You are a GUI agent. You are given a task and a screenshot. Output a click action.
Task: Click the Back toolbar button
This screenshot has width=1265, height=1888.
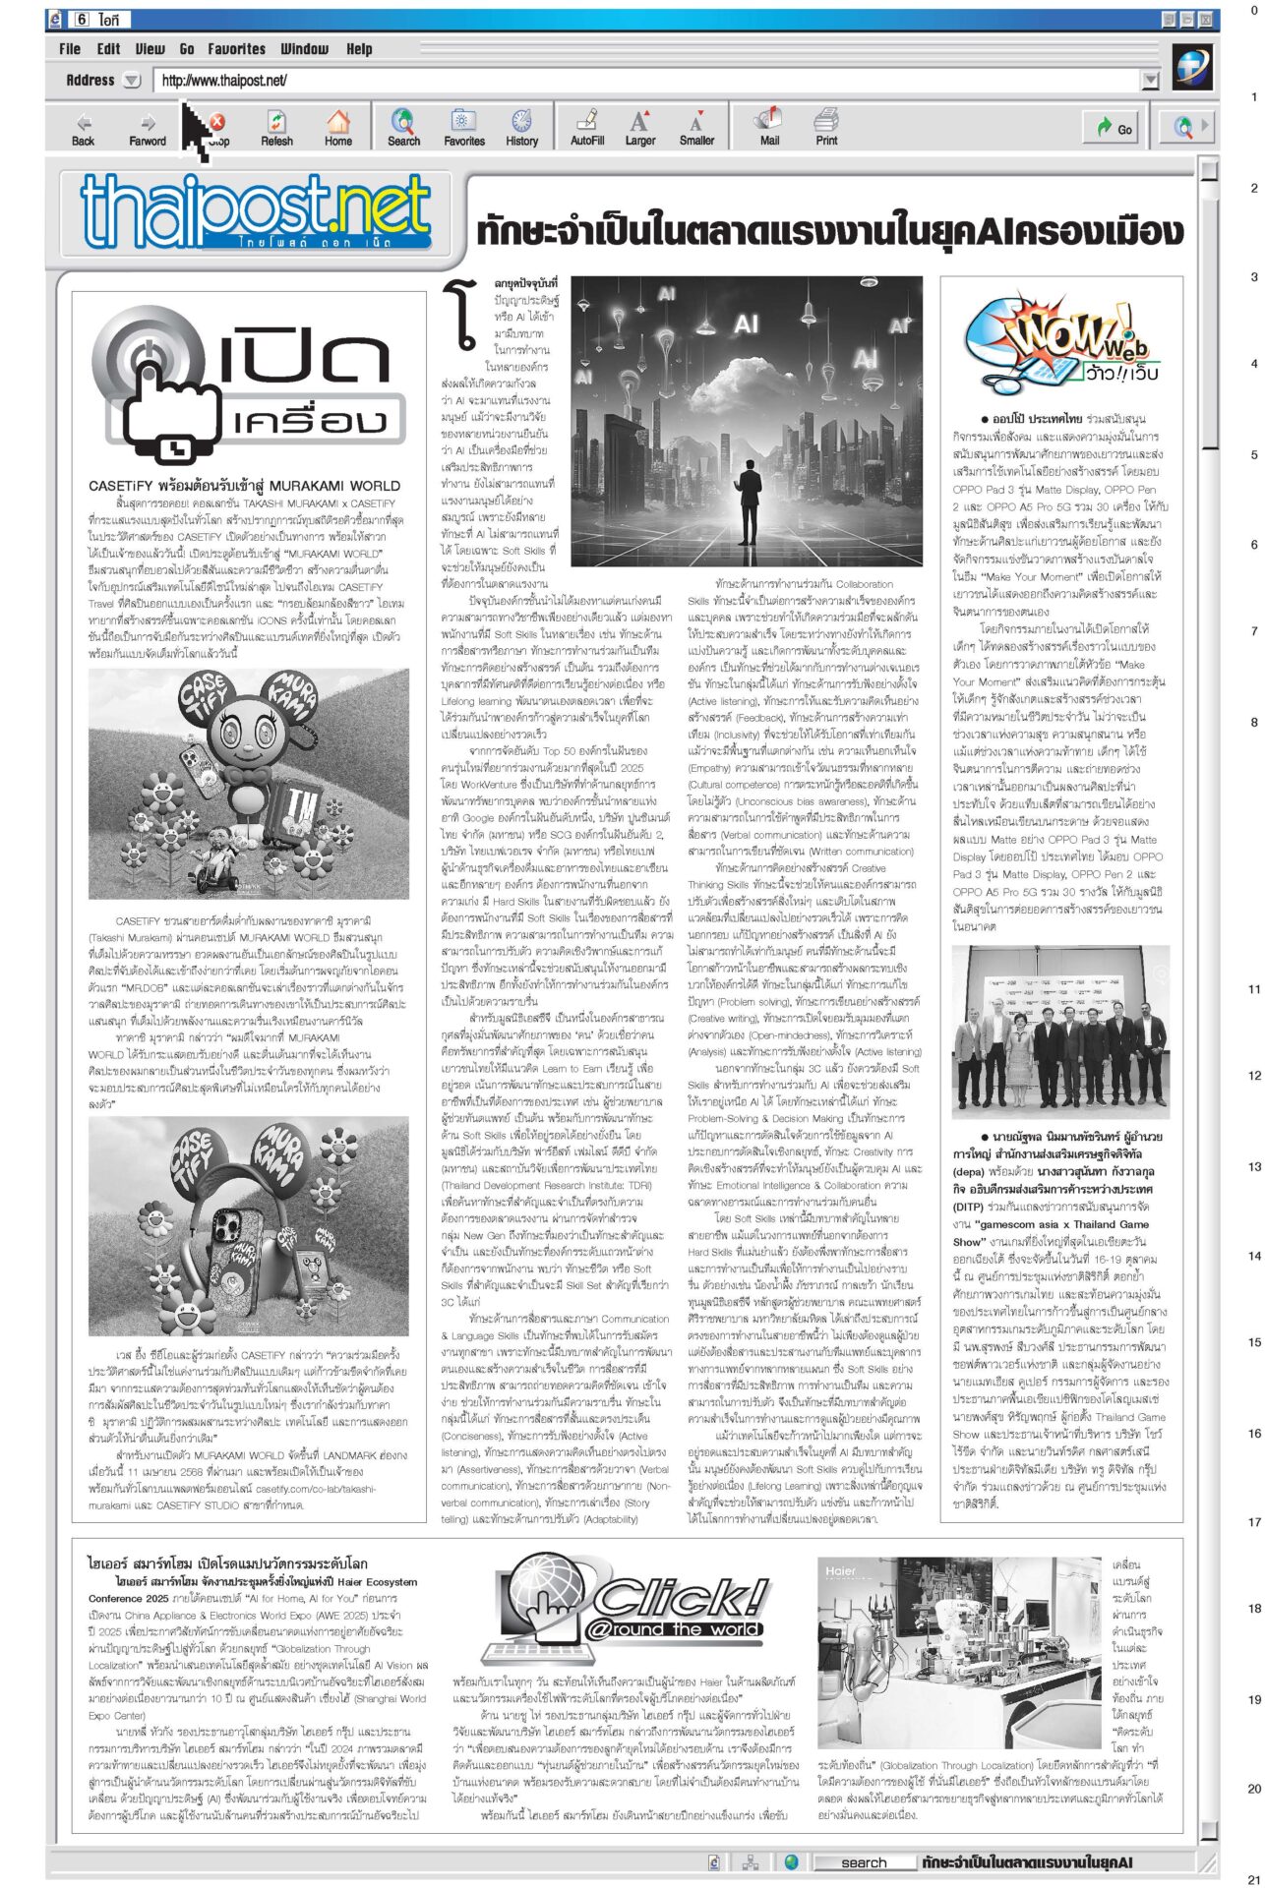(x=84, y=128)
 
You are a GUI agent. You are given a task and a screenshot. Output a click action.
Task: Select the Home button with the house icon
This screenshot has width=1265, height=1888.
(x=337, y=128)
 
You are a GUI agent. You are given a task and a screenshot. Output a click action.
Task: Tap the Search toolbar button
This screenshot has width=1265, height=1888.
(x=403, y=128)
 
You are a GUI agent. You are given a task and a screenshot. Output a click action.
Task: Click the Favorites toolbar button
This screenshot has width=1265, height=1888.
(x=463, y=128)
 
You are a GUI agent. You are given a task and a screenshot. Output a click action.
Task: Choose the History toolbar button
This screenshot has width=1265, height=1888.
(x=521, y=128)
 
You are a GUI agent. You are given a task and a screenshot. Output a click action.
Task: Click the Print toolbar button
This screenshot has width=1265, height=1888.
(x=826, y=128)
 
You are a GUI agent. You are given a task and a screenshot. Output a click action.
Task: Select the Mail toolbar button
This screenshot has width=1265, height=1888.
(x=769, y=128)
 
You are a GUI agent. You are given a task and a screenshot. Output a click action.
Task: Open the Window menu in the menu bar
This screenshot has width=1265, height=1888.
(x=304, y=48)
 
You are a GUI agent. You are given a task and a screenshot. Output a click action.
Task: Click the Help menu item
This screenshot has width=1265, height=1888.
(x=359, y=48)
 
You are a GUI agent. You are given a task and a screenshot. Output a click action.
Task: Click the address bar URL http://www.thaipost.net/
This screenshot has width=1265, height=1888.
(x=224, y=81)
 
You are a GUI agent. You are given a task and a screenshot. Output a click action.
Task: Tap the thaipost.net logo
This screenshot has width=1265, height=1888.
(x=256, y=210)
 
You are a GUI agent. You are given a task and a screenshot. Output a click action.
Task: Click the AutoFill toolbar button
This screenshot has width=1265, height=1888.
(x=587, y=128)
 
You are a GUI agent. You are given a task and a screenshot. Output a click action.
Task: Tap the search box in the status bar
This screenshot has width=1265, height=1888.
(x=864, y=1862)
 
